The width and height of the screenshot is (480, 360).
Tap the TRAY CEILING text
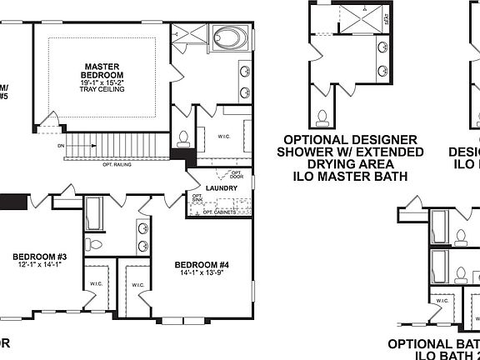click(102, 90)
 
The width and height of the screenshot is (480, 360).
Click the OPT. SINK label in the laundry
click(197, 200)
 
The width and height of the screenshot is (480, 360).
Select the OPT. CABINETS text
click(229, 212)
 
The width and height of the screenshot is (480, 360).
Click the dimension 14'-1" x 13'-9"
click(203, 272)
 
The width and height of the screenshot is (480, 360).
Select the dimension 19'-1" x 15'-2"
click(102, 82)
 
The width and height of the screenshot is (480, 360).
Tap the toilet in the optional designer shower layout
click(322, 115)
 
